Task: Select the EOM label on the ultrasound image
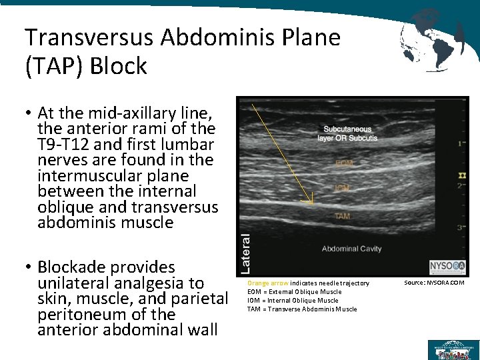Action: (x=344, y=163)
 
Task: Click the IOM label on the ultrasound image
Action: (x=343, y=189)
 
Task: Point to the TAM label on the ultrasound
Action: (x=342, y=216)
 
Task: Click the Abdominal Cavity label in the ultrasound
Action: (x=351, y=249)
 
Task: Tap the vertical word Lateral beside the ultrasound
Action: (x=245, y=251)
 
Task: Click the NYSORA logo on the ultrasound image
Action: (x=447, y=265)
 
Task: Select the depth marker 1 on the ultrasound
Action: (x=461, y=143)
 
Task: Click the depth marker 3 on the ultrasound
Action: (x=461, y=228)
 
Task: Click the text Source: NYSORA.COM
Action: (x=434, y=283)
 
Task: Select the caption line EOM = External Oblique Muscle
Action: (x=294, y=292)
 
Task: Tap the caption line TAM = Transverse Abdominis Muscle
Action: (x=302, y=309)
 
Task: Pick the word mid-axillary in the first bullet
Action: (x=125, y=112)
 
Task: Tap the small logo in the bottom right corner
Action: (x=451, y=349)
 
